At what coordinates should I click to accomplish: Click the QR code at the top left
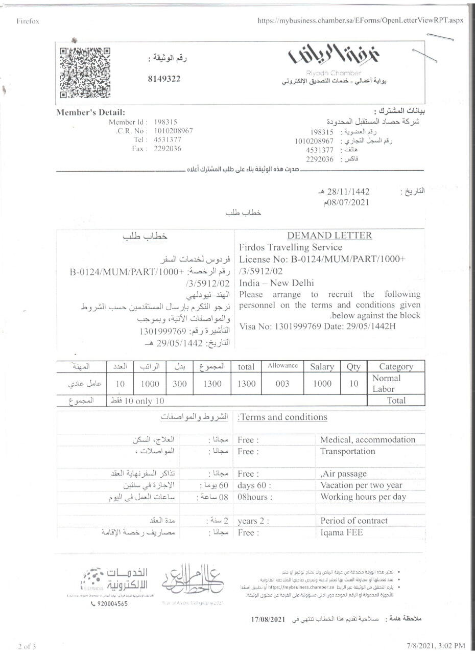point(85,72)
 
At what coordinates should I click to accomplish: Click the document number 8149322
point(164,79)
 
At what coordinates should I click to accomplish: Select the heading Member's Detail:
point(90,112)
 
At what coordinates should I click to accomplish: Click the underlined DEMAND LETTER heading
point(329,236)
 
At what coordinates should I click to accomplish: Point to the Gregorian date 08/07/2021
point(346,202)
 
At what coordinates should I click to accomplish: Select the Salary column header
point(322,366)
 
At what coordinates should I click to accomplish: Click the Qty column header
point(353,366)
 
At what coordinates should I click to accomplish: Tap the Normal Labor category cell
point(387,383)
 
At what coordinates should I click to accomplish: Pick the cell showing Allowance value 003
point(282,384)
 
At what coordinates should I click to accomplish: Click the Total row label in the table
point(396,401)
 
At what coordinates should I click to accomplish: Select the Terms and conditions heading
point(284,417)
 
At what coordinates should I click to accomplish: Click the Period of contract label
point(354,521)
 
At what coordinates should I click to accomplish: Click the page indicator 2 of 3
point(27,646)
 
